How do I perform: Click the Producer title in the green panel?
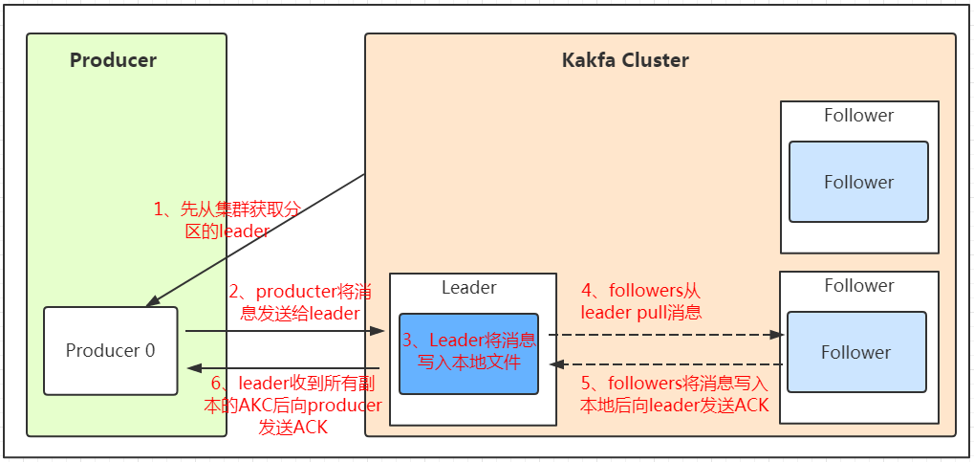(113, 60)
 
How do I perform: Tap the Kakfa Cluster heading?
(625, 60)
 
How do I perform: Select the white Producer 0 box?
(110, 350)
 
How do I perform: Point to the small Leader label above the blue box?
(468, 287)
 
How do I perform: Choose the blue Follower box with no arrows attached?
(858, 182)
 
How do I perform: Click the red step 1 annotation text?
(227, 220)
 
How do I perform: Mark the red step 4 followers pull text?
(641, 301)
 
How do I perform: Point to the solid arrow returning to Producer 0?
(287, 368)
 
